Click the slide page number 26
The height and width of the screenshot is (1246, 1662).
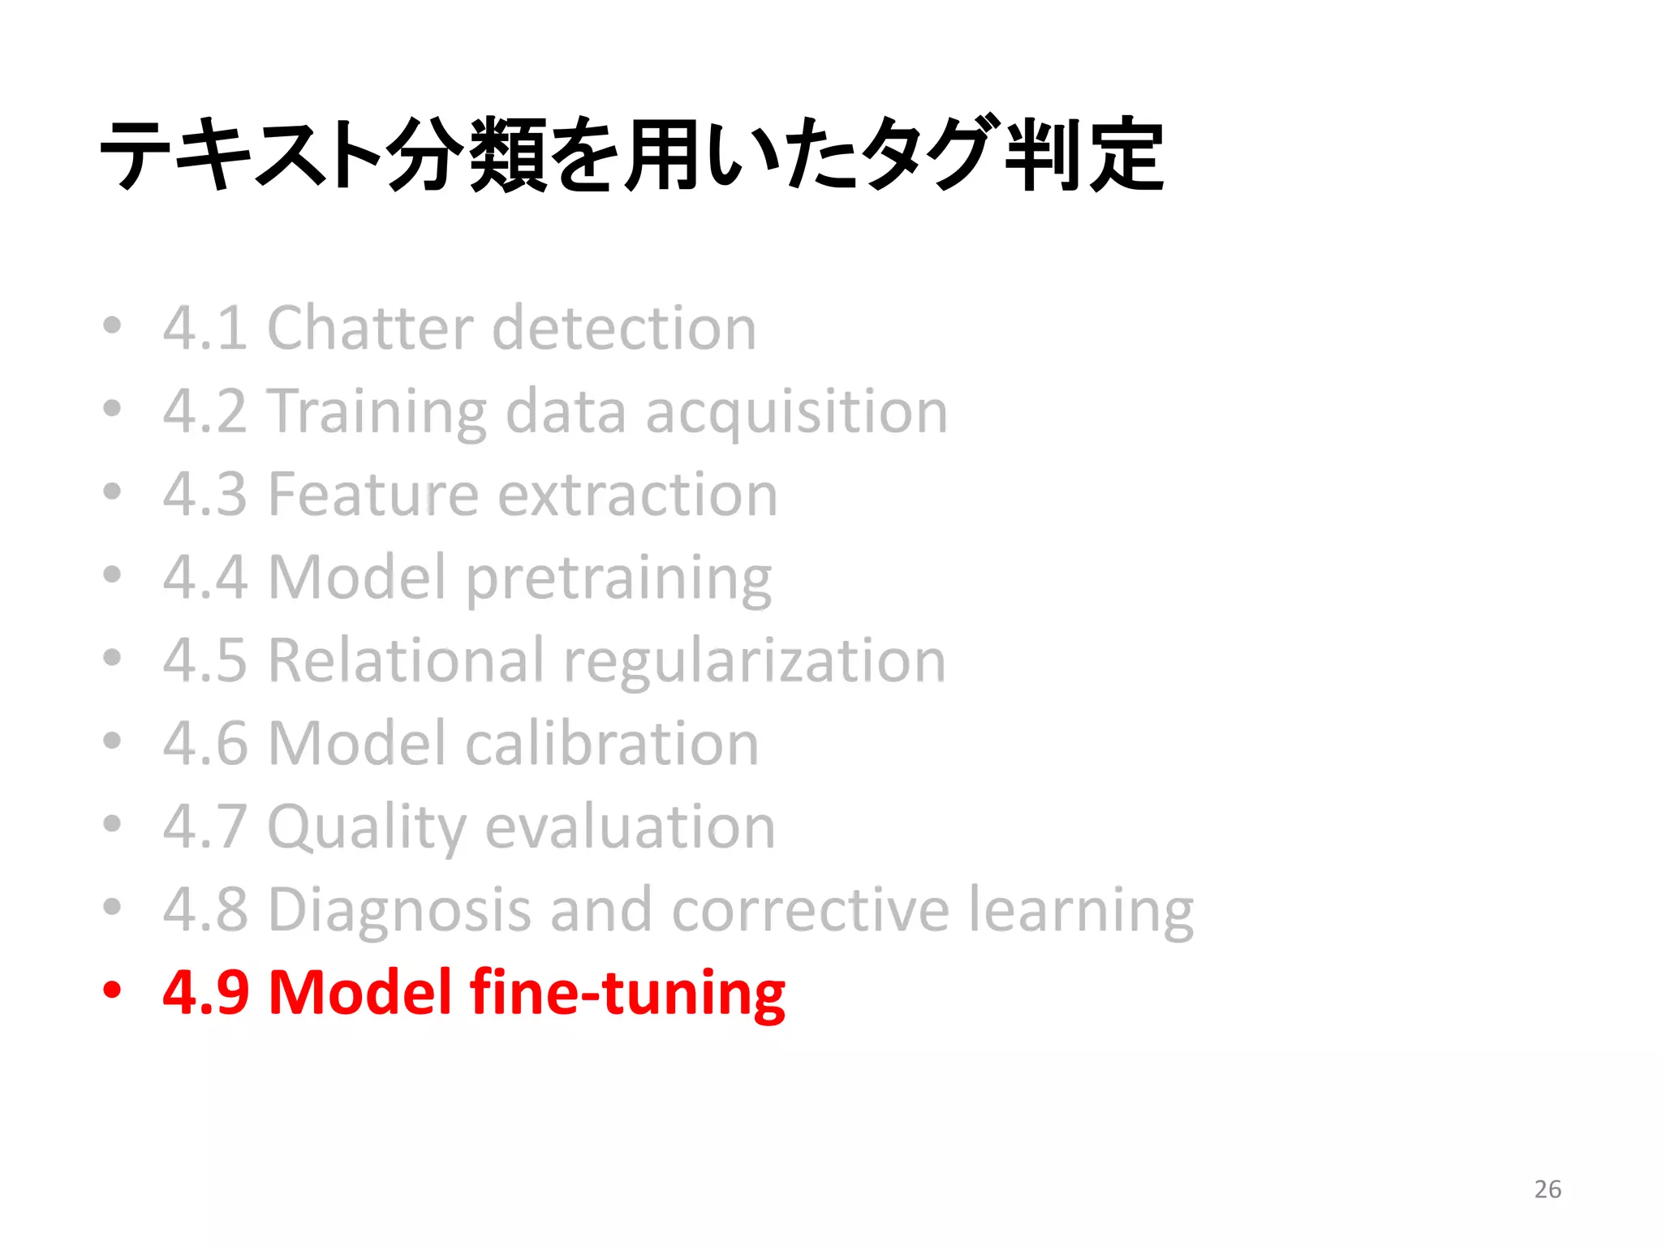[1548, 1189]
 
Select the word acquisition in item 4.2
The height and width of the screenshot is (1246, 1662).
[796, 412]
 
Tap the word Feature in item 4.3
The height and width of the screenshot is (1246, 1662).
[373, 495]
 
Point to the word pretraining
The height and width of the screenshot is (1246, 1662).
[618, 579]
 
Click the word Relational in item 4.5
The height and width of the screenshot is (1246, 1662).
[406, 660]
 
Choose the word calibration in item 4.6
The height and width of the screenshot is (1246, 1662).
[612, 744]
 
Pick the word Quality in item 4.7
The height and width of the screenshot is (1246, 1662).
[367, 827]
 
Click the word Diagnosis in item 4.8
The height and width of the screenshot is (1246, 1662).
[399, 910]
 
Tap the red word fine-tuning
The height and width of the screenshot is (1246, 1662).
[627, 992]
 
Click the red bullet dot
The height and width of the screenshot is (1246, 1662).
[112, 990]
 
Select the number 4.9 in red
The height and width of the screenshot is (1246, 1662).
[205, 992]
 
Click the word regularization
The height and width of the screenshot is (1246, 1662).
[755, 662]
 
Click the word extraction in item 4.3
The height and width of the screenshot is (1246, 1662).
[637, 495]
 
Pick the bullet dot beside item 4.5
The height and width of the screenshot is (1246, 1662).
[112, 658]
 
